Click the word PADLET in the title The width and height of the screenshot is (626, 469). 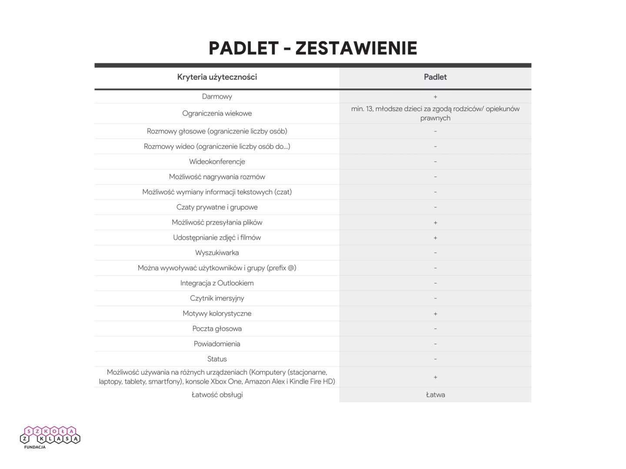(x=243, y=48)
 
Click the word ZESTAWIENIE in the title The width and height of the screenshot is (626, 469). (x=356, y=48)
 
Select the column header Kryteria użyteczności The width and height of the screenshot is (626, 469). (x=217, y=77)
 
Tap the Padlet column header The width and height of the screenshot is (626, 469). (x=435, y=77)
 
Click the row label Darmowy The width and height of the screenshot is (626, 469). (x=217, y=96)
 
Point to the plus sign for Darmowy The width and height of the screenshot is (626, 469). (x=435, y=97)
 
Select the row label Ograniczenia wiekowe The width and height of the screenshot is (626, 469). (x=217, y=113)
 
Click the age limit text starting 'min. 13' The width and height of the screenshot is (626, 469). (x=435, y=113)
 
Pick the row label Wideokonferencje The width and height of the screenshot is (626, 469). (x=217, y=162)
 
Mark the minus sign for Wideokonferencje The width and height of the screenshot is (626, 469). (x=435, y=162)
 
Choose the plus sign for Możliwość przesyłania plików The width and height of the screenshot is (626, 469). (x=435, y=223)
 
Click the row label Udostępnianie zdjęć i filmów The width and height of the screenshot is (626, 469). (x=217, y=238)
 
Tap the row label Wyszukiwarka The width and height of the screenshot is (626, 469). (x=217, y=253)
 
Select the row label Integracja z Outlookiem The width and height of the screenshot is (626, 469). (x=217, y=283)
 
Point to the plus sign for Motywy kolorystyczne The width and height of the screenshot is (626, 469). (x=435, y=314)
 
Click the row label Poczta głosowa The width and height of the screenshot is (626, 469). (x=217, y=329)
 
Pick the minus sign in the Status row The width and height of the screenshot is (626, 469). (x=435, y=359)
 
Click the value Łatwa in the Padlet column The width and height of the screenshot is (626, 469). (x=435, y=395)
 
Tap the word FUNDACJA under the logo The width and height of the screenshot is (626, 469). (x=35, y=447)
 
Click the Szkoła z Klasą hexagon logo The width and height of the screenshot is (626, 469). (x=50, y=435)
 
